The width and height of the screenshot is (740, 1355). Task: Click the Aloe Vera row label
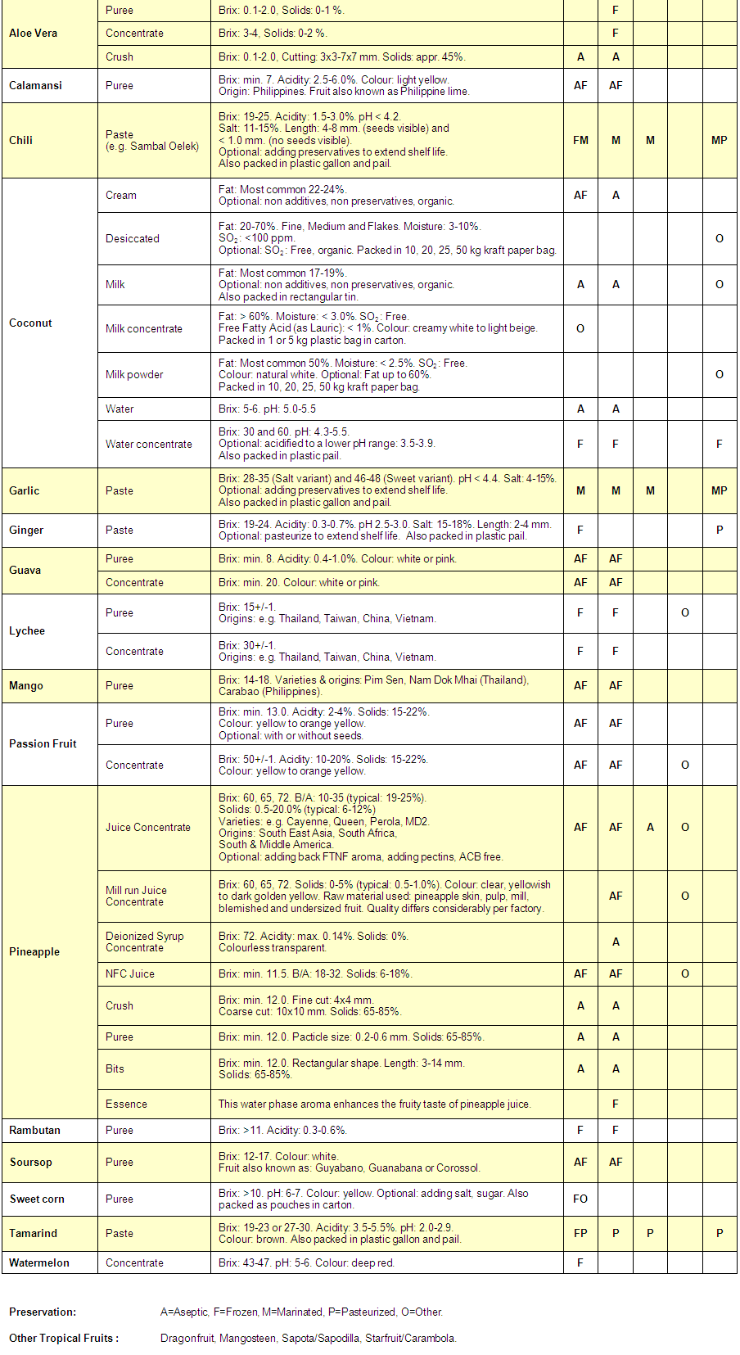pyautogui.click(x=34, y=34)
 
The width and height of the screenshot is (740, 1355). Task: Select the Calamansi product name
pyautogui.click(x=35, y=85)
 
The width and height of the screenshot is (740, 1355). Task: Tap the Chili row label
pyautogui.click(x=21, y=140)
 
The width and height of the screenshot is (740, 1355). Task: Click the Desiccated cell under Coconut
pyautogui.click(x=133, y=238)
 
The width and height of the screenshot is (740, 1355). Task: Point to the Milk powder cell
pyautogui.click(x=134, y=374)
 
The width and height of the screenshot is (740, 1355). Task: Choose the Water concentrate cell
pyautogui.click(x=149, y=444)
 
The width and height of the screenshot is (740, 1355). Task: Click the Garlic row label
pyautogui.click(x=25, y=490)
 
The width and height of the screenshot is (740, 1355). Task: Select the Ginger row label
pyautogui.click(x=26, y=530)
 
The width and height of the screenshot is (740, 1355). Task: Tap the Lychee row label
pyautogui.click(x=27, y=630)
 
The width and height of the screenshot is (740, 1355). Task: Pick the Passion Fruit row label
pyautogui.click(x=43, y=743)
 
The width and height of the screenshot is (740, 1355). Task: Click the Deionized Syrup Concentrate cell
pyautogui.click(x=145, y=942)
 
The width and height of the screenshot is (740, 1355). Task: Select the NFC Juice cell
pyautogui.click(x=130, y=973)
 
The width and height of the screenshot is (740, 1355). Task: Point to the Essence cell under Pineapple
pyautogui.click(x=126, y=1104)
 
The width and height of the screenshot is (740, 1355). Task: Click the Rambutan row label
pyautogui.click(x=34, y=1130)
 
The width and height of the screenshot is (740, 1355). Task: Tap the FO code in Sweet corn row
pyautogui.click(x=580, y=1199)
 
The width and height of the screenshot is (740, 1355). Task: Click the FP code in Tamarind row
pyautogui.click(x=580, y=1233)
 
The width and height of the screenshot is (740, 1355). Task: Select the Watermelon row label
pyautogui.click(x=39, y=1262)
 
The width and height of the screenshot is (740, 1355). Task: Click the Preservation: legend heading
pyautogui.click(x=43, y=1312)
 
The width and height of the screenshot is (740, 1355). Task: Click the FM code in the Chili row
pyautogui.click(x=580, y=140)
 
